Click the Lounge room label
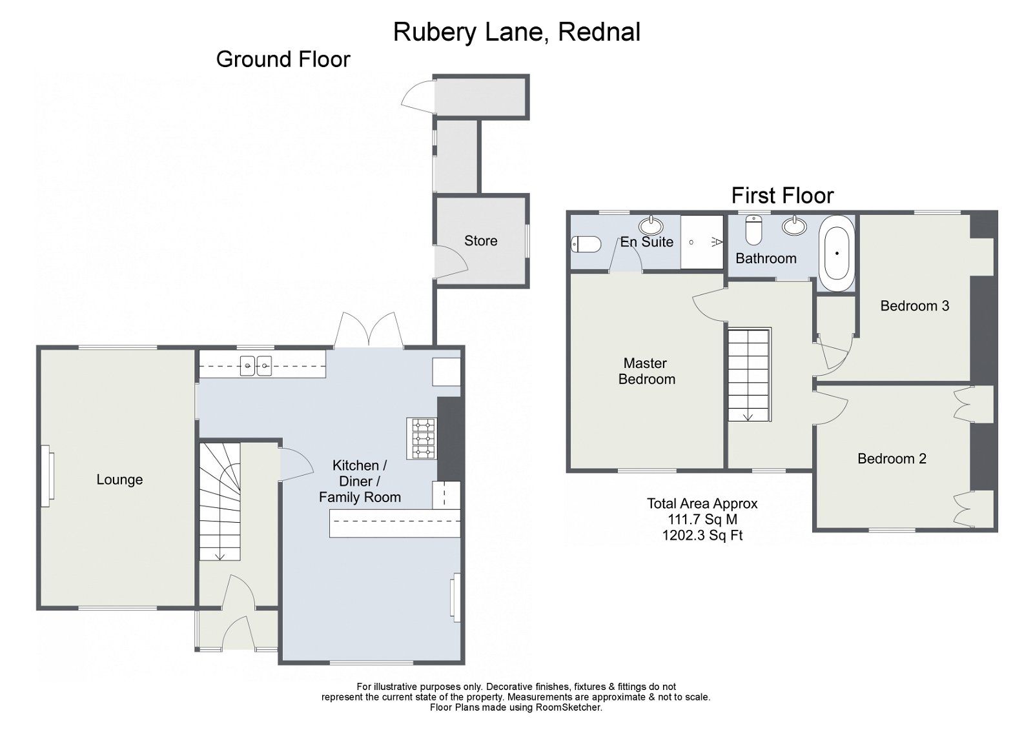(119, 480)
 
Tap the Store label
(480, 241)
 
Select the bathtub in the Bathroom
(837, 254)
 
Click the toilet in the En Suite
(586, 244)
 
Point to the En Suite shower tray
(702, 241)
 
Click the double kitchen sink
(256, 366)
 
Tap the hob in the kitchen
(422, 438)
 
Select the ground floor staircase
(220, 501)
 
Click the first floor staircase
(749, 374)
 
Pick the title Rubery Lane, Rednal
(516, 32)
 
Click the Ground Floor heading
(283, 59)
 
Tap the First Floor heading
(782, 195)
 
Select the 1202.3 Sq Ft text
(702, 535)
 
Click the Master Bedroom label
(646, 371)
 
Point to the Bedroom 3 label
(914, 306)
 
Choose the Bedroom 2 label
(891, 459)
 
